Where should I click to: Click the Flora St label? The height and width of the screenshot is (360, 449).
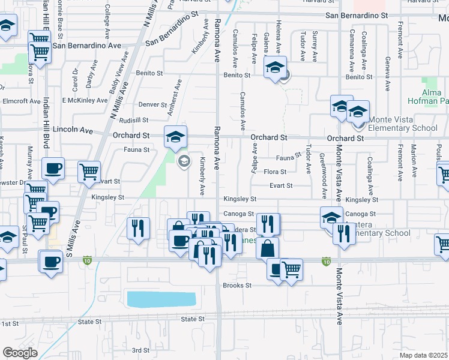click(275, 172)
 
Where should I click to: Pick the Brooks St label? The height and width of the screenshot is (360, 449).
click(237, 286)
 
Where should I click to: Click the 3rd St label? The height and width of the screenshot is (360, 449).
click(140, 350)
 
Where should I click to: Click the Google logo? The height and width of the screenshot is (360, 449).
click(20, 353)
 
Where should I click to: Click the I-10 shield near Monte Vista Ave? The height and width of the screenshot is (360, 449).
click(326, 262)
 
